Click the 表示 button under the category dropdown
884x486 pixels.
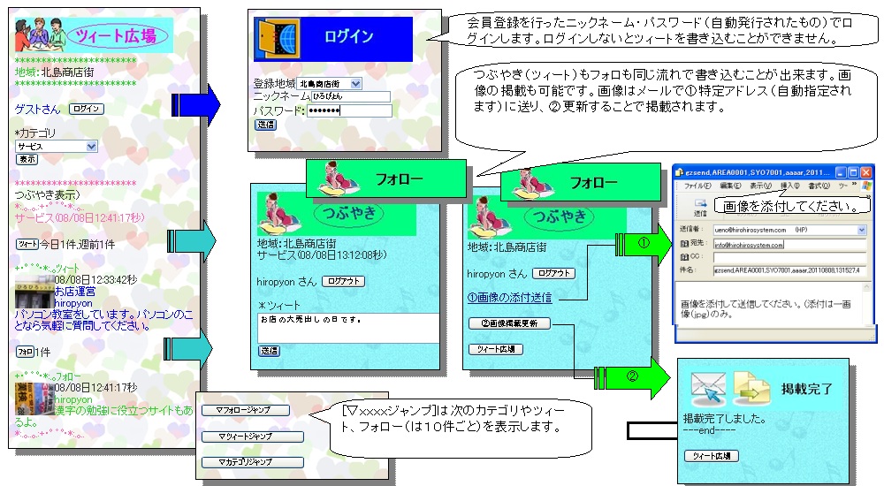[27, 159]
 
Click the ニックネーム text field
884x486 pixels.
[351, 96]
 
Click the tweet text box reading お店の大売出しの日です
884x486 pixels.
[347, 327]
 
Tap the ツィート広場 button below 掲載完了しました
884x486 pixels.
[712, 456]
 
